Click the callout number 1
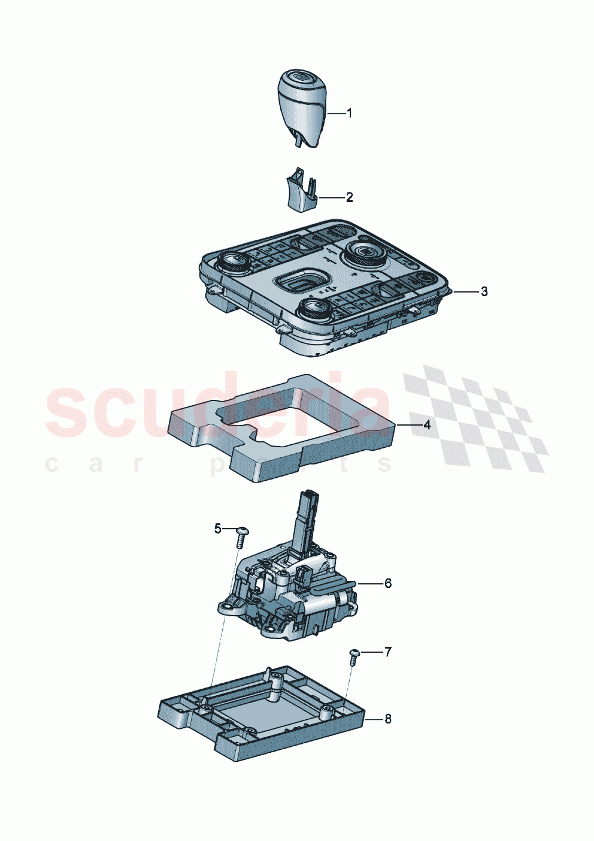pyautogui.click(x=349, y=113)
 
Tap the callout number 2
pyautogui.click(x=349, y=197)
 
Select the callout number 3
pyautogui.click(x=484, y=291)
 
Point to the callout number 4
pyautogui.click(x=426, y=425)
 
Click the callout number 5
pyautogui.click(x=218, y=529)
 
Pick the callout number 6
pyautogui.click(x=387, y=583)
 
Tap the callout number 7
pyautogui.click(x=387, y=652)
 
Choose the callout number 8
pyautogui.click(x=387, y=719)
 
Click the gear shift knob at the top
pyautogui.click(x=302, y=105)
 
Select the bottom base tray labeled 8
pyautogui.click(x=263, y=713)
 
